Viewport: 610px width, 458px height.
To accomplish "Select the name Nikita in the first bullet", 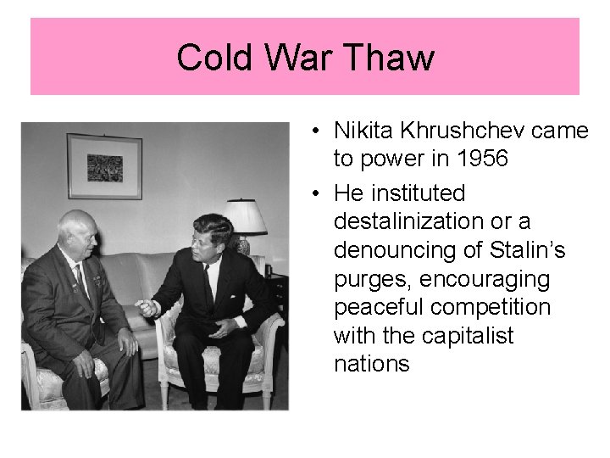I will point(363,131).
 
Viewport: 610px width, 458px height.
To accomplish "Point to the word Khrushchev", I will point(454,131).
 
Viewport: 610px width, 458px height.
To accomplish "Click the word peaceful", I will point(378,308).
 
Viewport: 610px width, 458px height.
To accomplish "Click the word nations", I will point(372,365).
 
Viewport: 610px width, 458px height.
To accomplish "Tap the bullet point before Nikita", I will point(313,131).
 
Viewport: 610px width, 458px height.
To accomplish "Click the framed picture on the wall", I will point(104,165).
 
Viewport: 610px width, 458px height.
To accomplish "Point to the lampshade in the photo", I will point(244,216).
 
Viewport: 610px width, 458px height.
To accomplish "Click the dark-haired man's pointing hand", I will point(147,307).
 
